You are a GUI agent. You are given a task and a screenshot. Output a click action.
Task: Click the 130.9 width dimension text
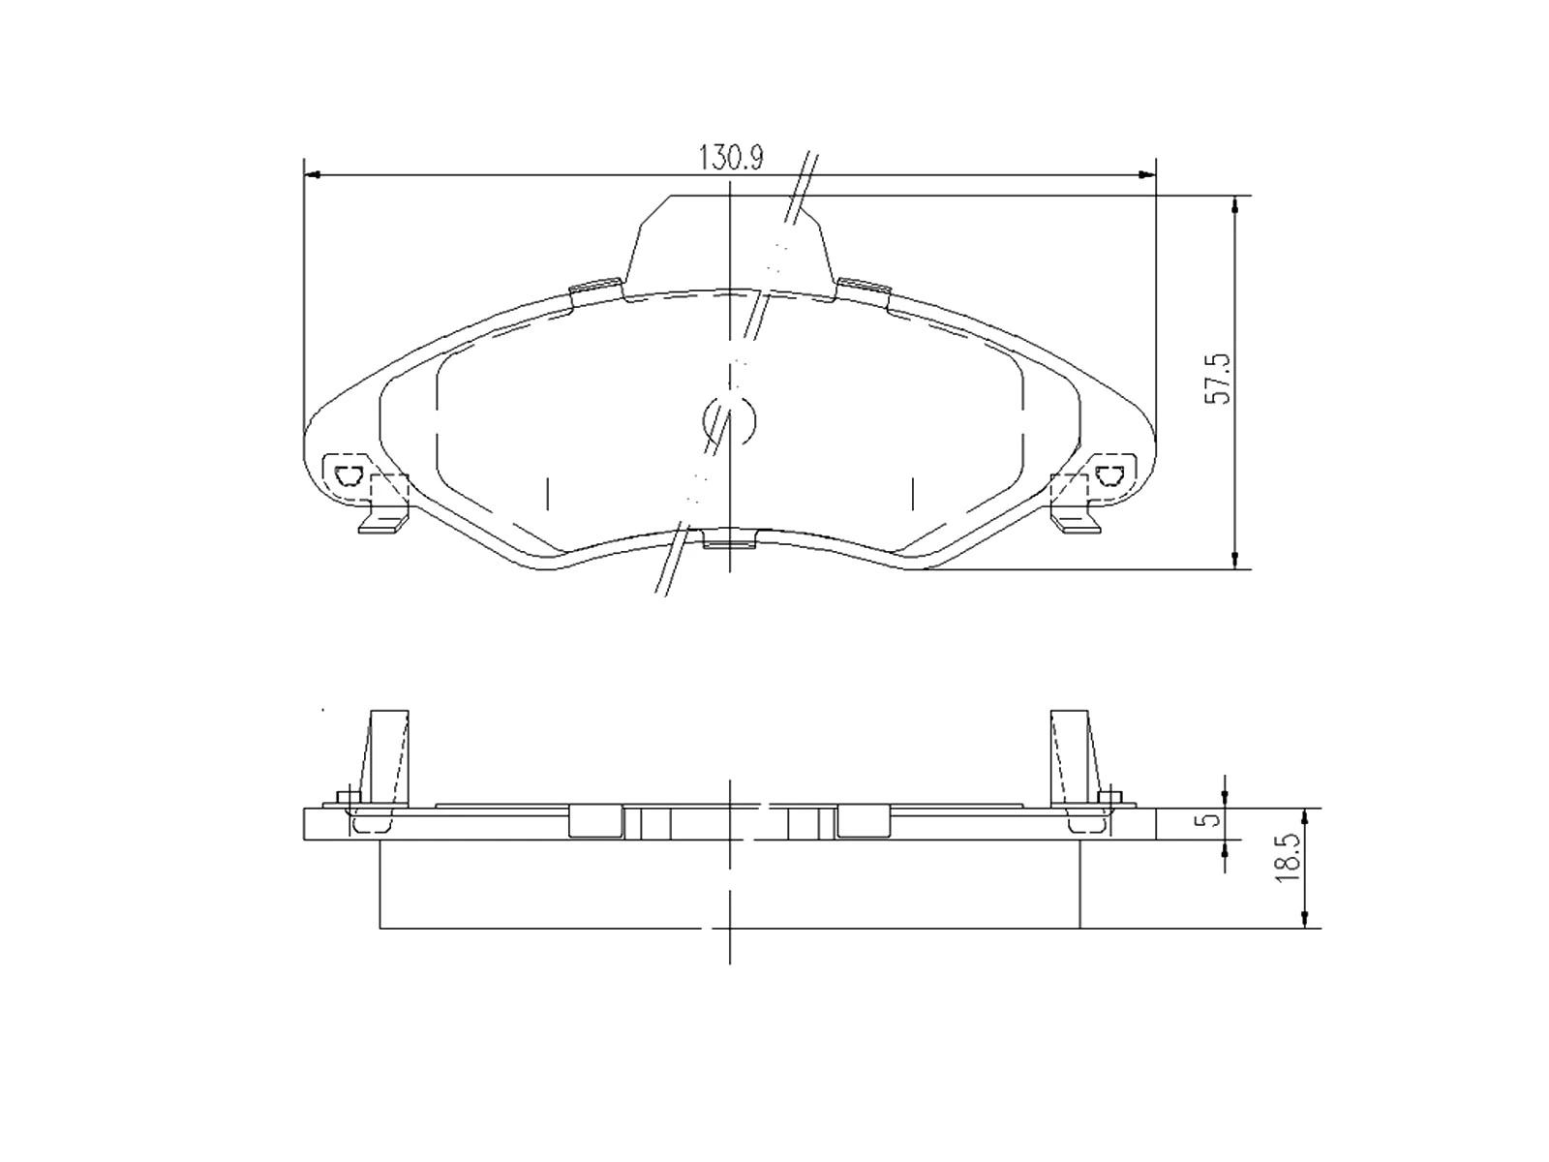(x=731, y=159)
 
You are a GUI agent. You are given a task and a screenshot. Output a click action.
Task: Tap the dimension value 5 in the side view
(x=1206, y=820)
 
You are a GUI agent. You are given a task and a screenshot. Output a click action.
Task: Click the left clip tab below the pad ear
(x=383, y=523)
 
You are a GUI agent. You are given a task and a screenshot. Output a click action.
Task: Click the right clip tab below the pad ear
(x=1077, y=523)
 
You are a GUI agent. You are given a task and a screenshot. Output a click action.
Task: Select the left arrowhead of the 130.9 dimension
(x=312, y=175)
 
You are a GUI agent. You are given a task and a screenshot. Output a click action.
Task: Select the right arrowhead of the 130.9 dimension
(x=1147, y=175)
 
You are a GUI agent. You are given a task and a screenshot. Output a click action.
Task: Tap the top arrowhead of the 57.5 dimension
(x=1234, y=204)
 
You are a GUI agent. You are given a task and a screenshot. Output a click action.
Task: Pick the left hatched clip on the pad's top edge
(x=595, y=286)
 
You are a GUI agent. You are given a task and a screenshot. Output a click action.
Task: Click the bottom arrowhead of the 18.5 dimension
(x=1305, y=919)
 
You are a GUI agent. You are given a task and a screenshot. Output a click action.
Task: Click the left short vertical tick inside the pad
(x=548, y=494)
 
